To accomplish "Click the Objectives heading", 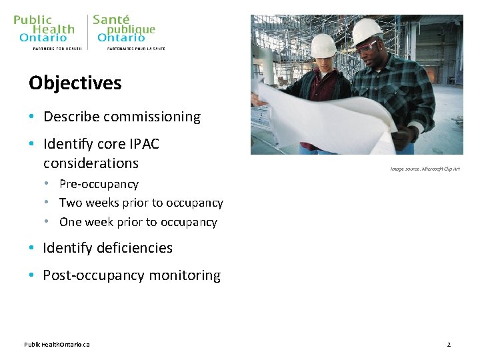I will click(75, 83).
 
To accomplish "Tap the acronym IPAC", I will click(144, 144).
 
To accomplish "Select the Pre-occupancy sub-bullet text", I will click(99, 184).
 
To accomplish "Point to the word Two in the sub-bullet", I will click(71, 203).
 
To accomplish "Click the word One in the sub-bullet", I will click(71, 222).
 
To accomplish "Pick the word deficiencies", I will click(135, 248).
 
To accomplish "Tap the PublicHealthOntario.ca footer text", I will click(57, 345).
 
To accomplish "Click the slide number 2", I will click(449, 345).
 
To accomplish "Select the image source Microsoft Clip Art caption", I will click(425, 169).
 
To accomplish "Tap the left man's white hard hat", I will click(323, 45).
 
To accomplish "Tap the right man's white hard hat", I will click(366, 30).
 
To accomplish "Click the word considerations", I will click(91, 163).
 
